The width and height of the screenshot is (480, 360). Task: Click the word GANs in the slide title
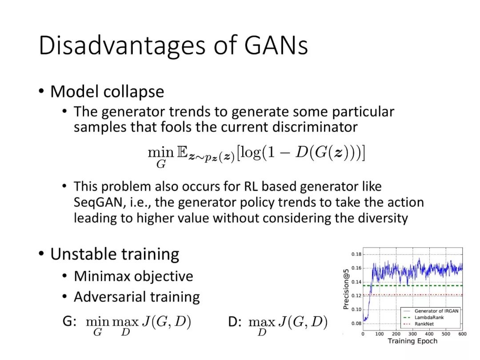(x=276, y=46)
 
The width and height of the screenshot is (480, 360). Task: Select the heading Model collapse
(x=107, y=91)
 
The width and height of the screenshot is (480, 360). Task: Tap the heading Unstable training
(x=115, y=255)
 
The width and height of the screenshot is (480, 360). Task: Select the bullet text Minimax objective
(x=133, y=276)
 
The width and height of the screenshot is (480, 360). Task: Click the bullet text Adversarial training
(x=137, y=297)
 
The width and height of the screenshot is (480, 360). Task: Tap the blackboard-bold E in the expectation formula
(x=182, y=152)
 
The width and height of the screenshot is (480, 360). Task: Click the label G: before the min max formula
(x=69, y=321)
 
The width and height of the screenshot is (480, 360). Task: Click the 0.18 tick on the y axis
(x=356, y=254)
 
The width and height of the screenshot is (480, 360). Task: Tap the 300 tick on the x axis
(x=412, y=334)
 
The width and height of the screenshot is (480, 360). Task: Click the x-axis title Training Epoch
(x=412, y=341)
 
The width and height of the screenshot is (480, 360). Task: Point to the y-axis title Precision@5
(x=346, y=289)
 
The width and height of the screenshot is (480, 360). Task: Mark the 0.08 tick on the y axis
(x=356, y=323)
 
